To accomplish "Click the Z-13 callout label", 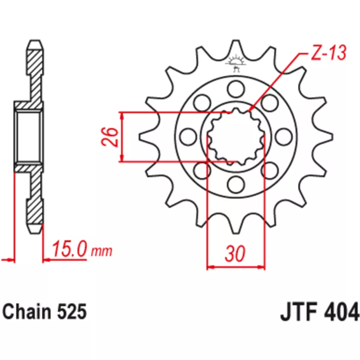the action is (x=328, y=52).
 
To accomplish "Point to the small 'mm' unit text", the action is (x=101, y=251).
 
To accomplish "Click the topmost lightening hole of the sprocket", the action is (x=236, y=89).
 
